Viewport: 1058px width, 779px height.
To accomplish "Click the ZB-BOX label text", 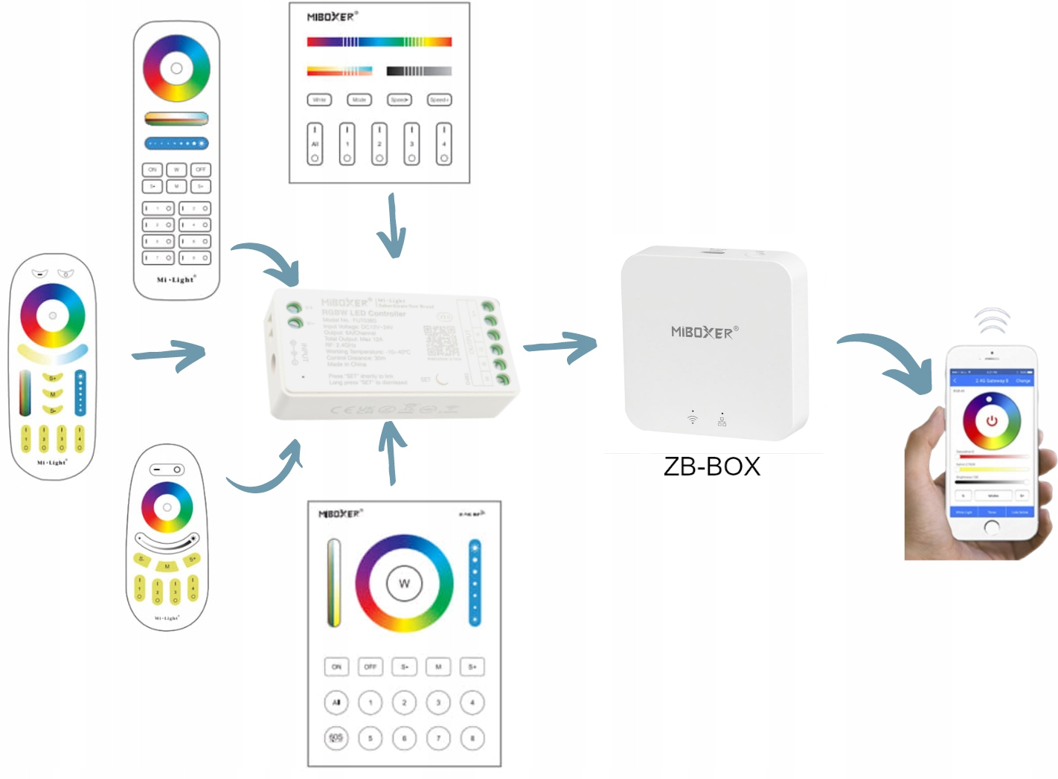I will click(711, 467).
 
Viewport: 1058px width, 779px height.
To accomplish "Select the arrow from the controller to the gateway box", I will click(560, 346).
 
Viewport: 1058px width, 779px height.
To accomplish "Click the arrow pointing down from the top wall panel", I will click(392, 226).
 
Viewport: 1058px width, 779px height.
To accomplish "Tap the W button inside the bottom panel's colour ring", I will click(404, 583).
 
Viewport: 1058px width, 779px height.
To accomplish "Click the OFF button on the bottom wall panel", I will click(370, 667).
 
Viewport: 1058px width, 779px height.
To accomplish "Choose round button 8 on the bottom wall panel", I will click(472, 738).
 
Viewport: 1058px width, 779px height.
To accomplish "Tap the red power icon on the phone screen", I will click(991, 421).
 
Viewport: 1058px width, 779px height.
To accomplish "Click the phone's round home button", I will click(992, 527).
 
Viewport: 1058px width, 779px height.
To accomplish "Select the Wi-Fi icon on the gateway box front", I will click(693, 420).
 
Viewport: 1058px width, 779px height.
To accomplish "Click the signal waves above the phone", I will click(993, 321).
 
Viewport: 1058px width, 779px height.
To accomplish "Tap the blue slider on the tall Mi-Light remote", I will click(176, 144).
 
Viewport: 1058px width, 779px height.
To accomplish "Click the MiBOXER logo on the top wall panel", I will click(332, 16).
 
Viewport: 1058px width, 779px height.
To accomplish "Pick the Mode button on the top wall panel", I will click(359, 100).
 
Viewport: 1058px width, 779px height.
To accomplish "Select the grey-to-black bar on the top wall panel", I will click(419, 71).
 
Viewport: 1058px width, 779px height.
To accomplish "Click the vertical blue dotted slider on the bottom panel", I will click(475, 583).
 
